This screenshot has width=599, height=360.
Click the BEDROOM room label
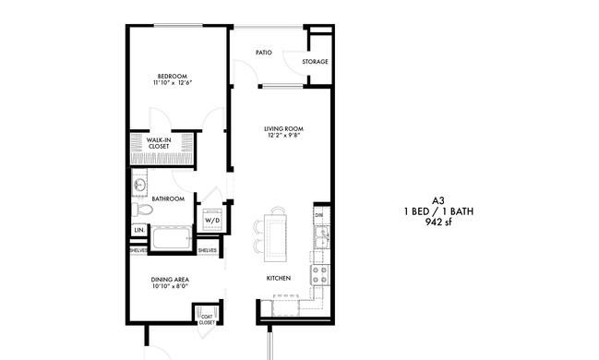click(173, 76)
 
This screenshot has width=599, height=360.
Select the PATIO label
click(264, 52)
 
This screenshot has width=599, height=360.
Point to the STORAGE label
click(315, 61)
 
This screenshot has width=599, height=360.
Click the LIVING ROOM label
click(284, 129)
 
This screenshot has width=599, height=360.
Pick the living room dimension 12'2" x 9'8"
click(284, 135)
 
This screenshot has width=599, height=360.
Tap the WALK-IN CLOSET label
click(159, 143)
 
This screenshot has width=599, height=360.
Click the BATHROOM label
click(168, 198)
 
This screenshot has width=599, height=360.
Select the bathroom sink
click(139, 186)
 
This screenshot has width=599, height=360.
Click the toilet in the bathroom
click(142, 210)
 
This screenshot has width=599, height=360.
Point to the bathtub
click(172, 238)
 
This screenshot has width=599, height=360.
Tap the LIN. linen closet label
click(139, 230)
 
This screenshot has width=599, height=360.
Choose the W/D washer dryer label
click(212, 221)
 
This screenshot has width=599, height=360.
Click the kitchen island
click(275, 237)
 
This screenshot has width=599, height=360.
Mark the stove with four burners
click(320, 275)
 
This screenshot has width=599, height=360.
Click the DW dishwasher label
click(319, 215)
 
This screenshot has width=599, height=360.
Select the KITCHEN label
click(279, 278)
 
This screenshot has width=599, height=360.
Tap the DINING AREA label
click(170, 280)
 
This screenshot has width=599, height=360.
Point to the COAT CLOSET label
click(207, 319)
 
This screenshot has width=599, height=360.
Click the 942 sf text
click(438, 222)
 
